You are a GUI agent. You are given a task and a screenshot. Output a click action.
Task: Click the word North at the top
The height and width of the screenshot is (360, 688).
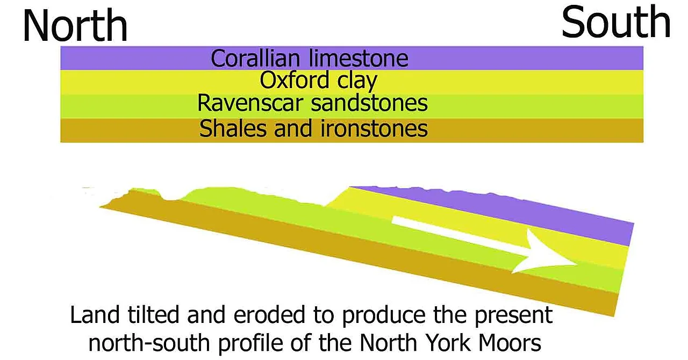click(x=75, y=25)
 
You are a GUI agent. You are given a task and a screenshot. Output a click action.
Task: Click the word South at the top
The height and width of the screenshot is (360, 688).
click(x=616, y=23)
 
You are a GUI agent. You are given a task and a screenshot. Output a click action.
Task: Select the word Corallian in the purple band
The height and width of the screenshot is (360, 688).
click(x=255, y=59)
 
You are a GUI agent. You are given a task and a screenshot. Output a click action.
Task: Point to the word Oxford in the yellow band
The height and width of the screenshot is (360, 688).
click(x=295, y=80)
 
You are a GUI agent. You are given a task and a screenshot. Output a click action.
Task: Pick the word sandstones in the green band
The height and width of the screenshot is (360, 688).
click(x=369, y=103)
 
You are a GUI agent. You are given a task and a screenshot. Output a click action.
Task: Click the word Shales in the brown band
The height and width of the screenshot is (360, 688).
click(x=233, y=128)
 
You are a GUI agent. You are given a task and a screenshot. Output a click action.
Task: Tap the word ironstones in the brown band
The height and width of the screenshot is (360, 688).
click(x=374, y=128)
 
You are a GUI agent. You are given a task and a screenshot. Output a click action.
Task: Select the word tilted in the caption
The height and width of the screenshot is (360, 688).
click(x=153, y=315)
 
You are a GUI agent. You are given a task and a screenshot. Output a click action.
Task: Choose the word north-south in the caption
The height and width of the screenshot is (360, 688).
click(x=149, y=343)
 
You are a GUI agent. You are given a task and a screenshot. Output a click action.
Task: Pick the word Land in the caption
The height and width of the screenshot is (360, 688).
click(x=95, y=315)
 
